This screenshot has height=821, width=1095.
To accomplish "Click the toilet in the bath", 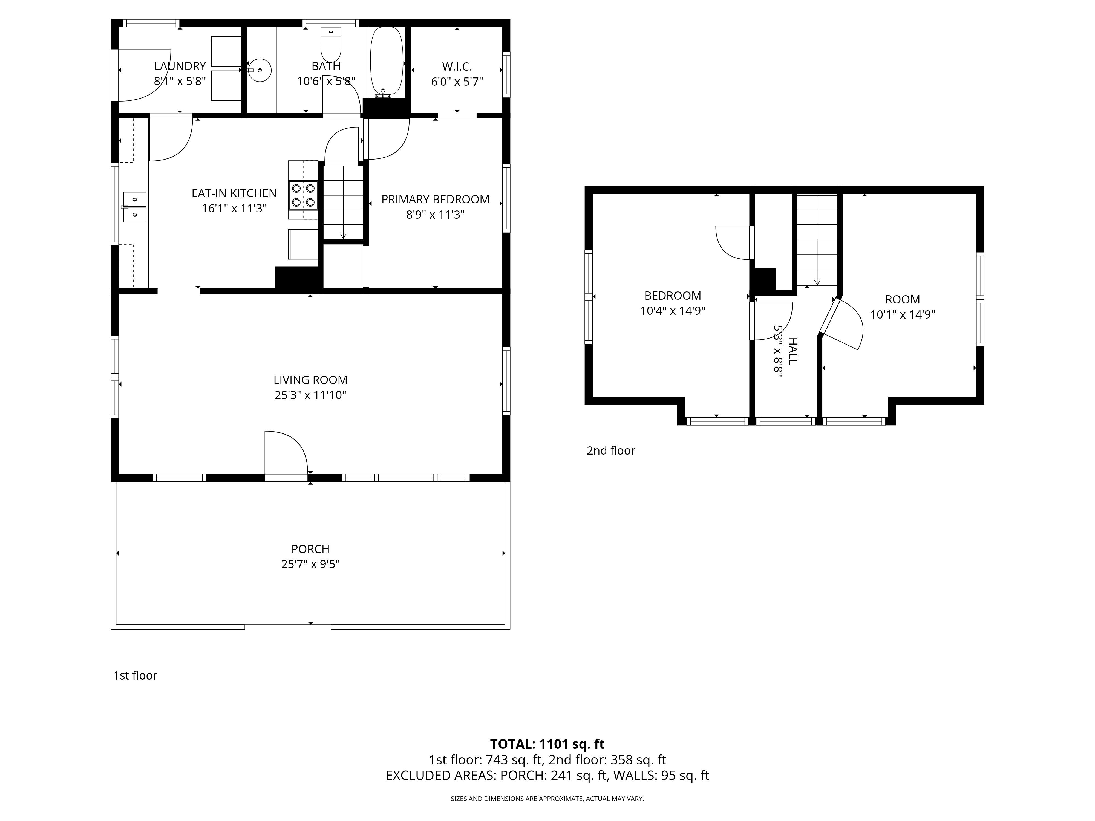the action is tap(331, 44).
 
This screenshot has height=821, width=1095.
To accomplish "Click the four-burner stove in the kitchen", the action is tap(303, 195).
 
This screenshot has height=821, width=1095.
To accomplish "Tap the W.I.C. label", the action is tap(457, 66).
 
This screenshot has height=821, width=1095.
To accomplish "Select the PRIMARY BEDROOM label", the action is tap(435, 200).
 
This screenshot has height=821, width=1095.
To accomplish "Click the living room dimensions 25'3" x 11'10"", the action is tap(310, 395).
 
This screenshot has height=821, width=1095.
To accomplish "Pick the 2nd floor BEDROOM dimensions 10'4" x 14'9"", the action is tap(673, 311).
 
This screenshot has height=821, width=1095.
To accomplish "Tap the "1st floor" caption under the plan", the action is tap(135, 675).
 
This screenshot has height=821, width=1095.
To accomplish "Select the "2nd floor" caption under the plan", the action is tap(611, 450).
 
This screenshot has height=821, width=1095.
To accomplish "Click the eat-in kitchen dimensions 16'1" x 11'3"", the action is tap(234, 208).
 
